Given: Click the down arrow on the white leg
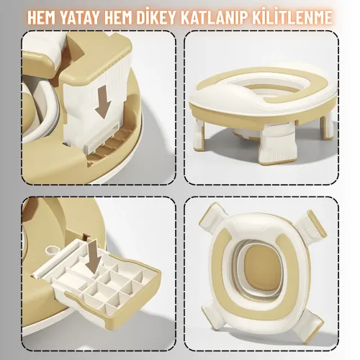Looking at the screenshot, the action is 103,102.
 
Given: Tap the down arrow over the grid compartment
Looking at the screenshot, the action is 94,257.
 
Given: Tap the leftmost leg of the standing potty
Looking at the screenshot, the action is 200,129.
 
